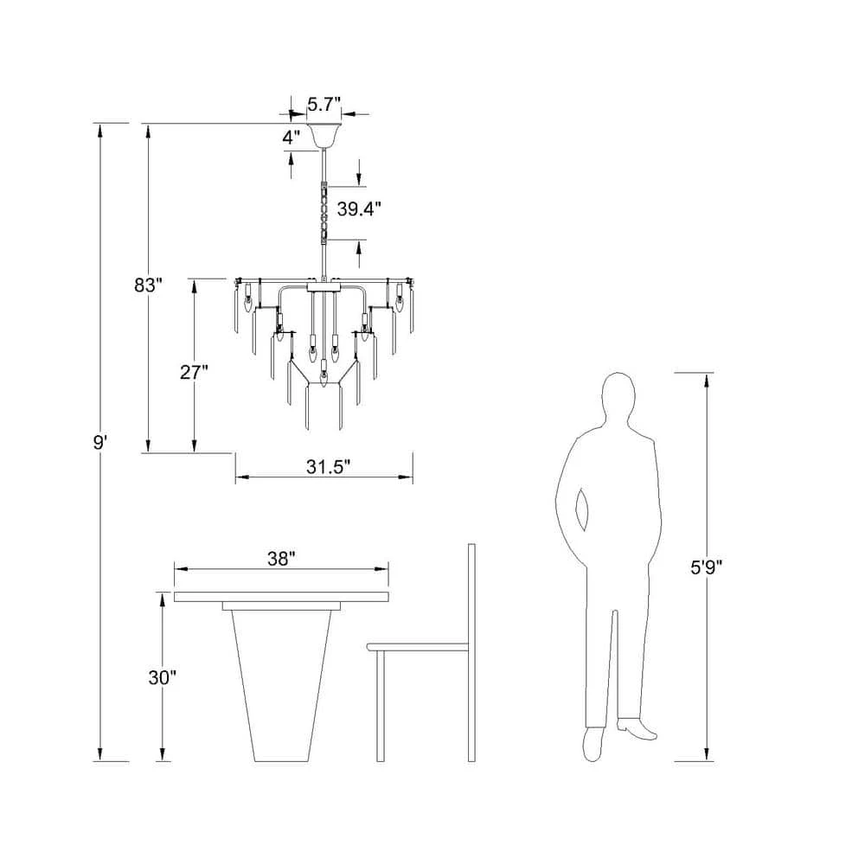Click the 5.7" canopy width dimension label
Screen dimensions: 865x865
tap(324, 104)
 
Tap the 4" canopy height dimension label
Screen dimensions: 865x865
tap(292, 138)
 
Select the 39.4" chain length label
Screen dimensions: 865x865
tap(359, 209)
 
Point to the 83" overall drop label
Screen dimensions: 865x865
tap(149, 285)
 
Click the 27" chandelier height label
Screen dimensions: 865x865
tap(194, 372)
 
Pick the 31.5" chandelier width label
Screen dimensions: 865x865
tap(329, 467)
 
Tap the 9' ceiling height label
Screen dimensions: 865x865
tap(99, 442)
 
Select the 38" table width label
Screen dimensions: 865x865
tap(281, 559)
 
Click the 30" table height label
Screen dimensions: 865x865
tap(163, 677)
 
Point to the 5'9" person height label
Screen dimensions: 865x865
tap(707, 567)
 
